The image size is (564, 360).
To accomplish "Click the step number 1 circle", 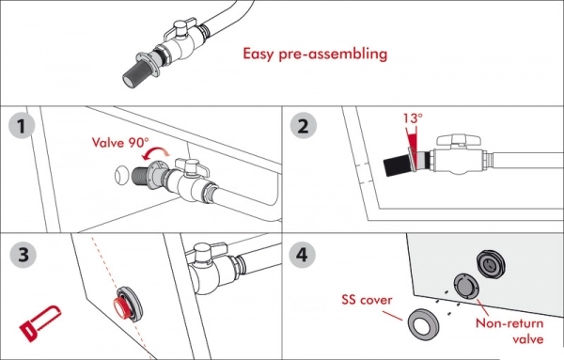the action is pos(22,126).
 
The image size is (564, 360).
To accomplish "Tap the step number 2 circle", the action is pos(304,126).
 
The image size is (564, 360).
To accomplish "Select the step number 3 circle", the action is pos(23,255).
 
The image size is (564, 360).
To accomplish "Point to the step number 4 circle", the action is pos(302,255).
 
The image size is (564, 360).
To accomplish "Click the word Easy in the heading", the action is pos(258,54).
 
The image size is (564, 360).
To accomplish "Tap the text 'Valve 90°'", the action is pos(120,143).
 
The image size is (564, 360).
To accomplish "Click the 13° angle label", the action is pos(413,117).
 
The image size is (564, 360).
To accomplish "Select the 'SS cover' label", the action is pos(367,300).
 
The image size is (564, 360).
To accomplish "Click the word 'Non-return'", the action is pos(509,323).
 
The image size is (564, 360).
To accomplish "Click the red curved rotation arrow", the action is pos(155,153).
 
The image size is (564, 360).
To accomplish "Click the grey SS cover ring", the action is pos(424,324).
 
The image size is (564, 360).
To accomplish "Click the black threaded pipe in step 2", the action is pos(397,165).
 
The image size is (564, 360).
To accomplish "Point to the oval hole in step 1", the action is pos(121,175).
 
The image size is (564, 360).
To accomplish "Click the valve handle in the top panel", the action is pos(181,29).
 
